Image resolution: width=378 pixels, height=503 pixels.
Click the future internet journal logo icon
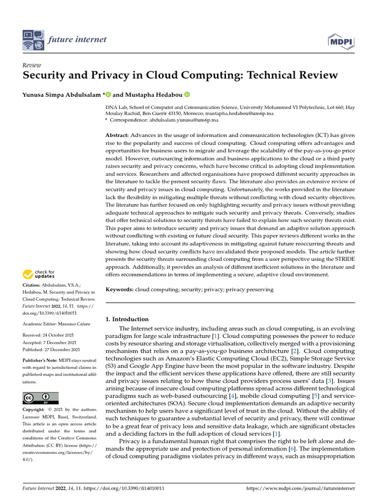(x=33, y=41)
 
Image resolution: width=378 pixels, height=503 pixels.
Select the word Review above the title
(x=32, y=65)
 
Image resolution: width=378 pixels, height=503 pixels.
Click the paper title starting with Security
(x=181, y=75)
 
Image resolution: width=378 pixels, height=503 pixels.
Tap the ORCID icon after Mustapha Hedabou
(x=187, y=95)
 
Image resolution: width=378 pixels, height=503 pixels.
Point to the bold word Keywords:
(x=120, y=290)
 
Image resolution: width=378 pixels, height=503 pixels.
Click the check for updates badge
(x=39, y=274)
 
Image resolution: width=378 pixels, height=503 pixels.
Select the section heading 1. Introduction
(x=127, y=319)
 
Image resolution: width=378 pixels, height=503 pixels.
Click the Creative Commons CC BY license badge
(x=40, y=398)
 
